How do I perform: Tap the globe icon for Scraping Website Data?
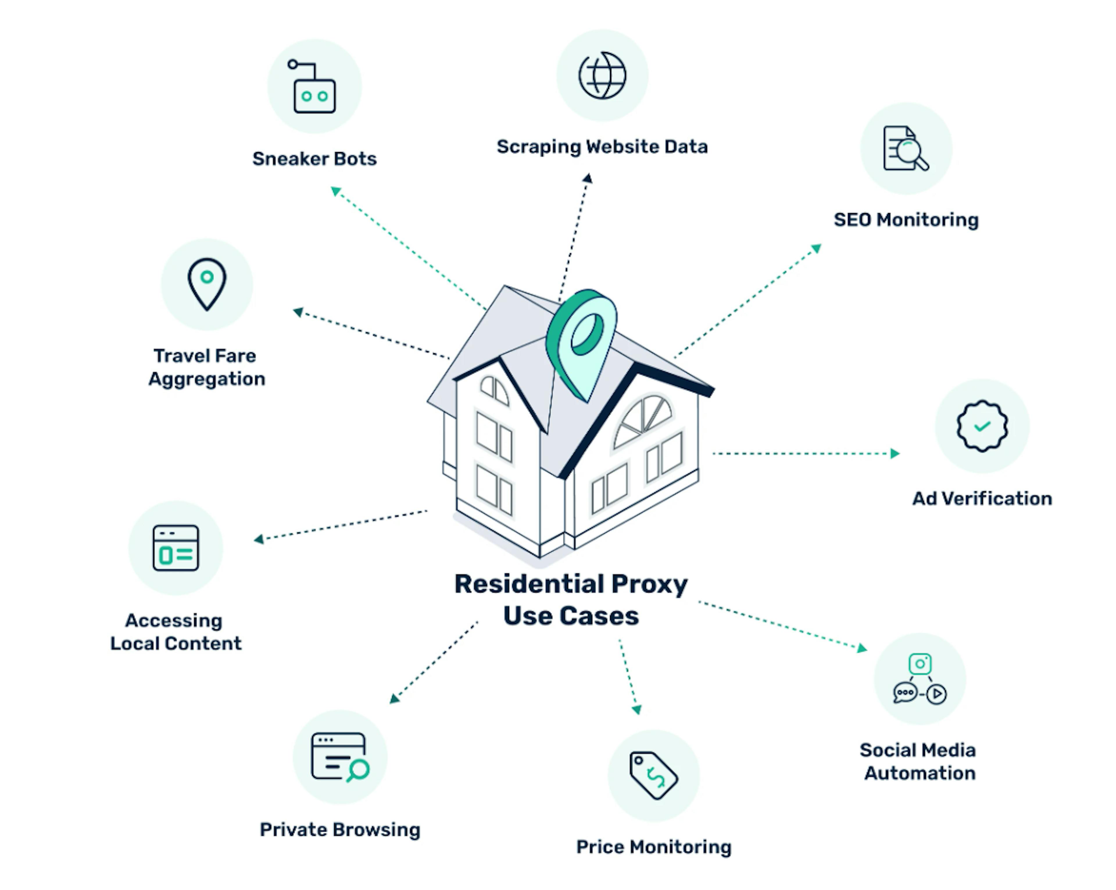602,76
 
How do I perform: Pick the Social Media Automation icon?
920,679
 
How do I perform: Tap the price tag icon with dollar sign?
653,775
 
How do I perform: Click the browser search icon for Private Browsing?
339,757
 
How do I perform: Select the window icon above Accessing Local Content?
176,548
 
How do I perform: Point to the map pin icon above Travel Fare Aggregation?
207,284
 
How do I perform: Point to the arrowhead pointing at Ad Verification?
895,454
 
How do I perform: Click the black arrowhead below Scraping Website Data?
588,179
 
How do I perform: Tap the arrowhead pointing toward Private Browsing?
394,699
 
